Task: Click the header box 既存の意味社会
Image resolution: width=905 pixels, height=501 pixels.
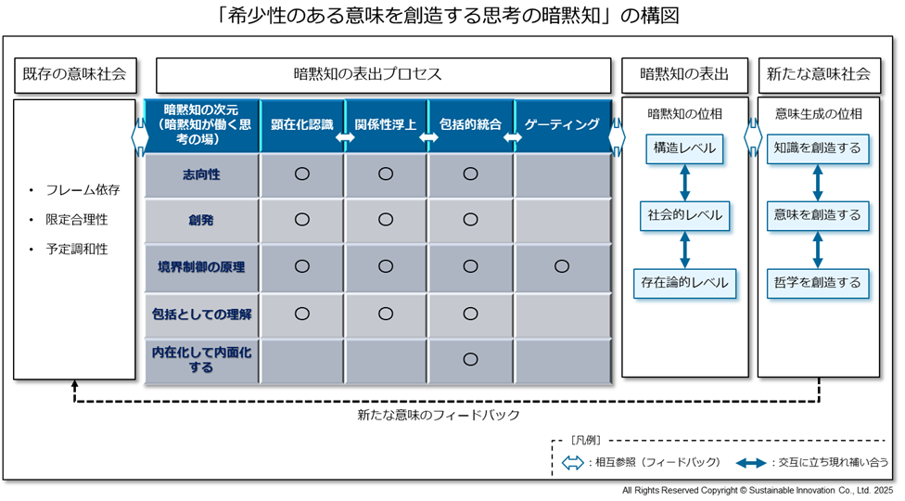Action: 75,75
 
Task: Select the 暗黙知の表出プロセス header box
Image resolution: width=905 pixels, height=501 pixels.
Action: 383,75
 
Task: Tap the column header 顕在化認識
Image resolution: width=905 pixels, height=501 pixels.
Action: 302,124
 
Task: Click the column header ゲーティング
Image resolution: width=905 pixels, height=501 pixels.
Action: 562,124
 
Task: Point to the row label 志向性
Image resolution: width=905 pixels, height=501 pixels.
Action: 201,174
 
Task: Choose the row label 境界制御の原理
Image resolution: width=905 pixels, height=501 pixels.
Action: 201,267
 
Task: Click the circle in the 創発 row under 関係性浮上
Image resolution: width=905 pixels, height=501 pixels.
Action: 386,219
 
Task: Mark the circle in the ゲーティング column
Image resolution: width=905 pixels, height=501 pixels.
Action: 562,266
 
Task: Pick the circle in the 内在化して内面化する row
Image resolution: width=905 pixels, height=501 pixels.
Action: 470,359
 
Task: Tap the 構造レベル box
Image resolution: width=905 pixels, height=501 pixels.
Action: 684,148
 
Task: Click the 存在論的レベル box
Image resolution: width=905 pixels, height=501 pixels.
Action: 684,283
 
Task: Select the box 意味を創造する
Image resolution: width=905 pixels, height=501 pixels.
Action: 817,215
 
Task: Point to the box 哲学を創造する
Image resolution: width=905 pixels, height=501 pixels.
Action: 817,283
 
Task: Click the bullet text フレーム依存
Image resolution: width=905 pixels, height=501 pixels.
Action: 83,190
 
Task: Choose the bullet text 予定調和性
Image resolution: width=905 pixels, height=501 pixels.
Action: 77,250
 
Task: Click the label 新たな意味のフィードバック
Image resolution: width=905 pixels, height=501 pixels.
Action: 439,415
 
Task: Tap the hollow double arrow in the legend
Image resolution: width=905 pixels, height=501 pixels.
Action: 572,462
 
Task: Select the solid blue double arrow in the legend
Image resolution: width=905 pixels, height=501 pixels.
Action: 751,462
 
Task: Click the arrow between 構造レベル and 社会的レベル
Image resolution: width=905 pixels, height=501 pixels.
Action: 684,183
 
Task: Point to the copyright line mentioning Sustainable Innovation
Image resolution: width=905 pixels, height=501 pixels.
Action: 758,491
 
